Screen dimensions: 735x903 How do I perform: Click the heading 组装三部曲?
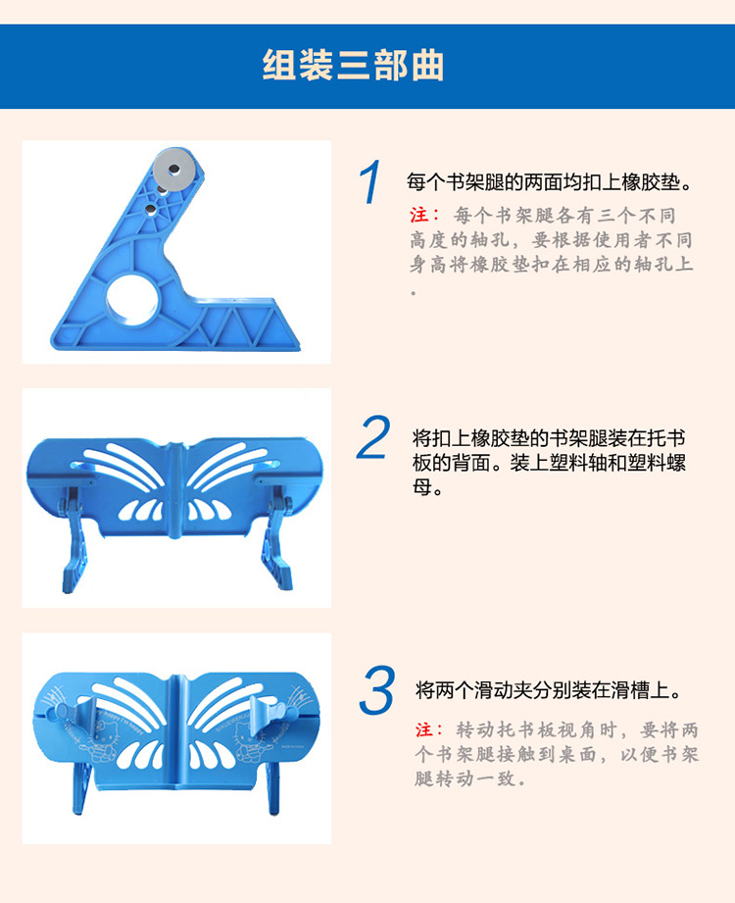coord(353,65)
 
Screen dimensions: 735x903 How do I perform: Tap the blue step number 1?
coord(370,181)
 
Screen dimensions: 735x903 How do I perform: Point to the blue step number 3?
coord(377,689)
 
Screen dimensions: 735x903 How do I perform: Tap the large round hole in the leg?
coord(132,297)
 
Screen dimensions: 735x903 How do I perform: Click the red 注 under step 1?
coord(418,216)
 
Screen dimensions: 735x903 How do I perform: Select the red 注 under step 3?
coord(424,729)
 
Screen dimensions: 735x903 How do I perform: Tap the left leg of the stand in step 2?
coord(73,539)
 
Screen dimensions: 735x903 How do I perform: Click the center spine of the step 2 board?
coord(175,490)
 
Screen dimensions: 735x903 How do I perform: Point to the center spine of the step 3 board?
coord(176,731)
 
